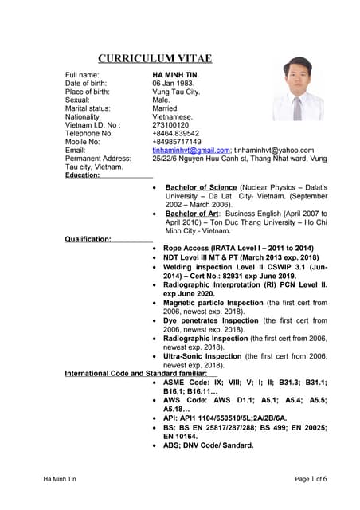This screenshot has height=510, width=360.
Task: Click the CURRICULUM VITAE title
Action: [x=155, y=58]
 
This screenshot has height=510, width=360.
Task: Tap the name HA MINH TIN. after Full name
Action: [x=175, y=75]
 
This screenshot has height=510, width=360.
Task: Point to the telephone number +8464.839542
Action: [x=176, y=133]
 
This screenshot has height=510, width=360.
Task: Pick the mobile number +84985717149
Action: [x=177, y=142]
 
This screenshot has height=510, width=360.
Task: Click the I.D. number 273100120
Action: [x=170, y=125]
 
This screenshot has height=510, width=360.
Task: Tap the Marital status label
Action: [x=88, y=108]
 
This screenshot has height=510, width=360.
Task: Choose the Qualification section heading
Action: [x=88, y=239]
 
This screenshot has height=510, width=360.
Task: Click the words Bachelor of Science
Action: [x=201, y=186]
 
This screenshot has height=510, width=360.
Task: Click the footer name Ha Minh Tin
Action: [x=61, y=478]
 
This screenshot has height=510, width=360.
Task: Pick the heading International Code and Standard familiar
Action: [x=136, y=373]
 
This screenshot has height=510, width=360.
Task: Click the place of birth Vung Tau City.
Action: [x=176, y=92]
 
